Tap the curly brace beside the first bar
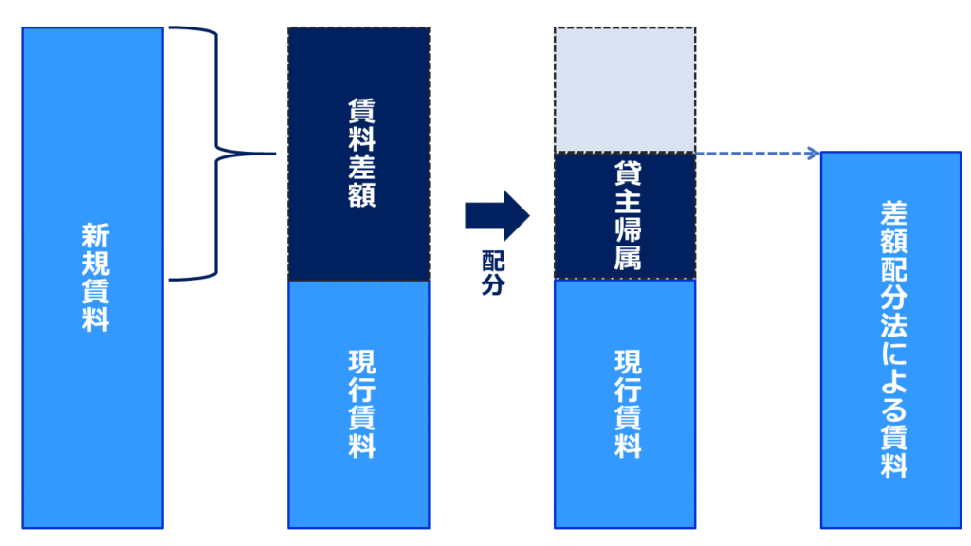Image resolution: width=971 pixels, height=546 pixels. pos(217,153)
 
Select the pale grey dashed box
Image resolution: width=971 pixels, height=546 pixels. pos(625,89)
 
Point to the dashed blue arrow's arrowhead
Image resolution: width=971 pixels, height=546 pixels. pos(813,153)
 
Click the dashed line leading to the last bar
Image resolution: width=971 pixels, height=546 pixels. pos(754,153)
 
